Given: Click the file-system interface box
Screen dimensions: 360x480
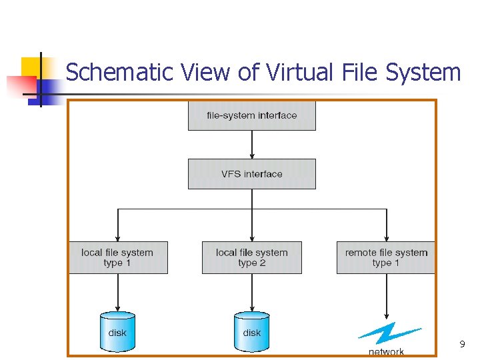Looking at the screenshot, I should point(251,115).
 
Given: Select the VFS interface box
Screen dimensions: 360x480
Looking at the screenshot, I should point(251,174).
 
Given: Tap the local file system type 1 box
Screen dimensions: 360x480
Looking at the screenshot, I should point(117,257).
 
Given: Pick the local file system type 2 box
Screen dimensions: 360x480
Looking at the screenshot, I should point(251,257).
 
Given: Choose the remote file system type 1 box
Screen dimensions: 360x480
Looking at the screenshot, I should point(386,257).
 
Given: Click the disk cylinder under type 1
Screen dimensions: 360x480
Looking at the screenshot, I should point(117,331).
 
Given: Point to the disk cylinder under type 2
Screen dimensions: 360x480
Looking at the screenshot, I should point(251,331).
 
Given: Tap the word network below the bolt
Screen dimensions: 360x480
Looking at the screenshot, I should point(387,351).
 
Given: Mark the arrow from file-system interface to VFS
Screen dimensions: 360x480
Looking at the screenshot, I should point(252,145).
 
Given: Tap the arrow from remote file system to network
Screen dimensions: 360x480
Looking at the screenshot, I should point(387,297).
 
